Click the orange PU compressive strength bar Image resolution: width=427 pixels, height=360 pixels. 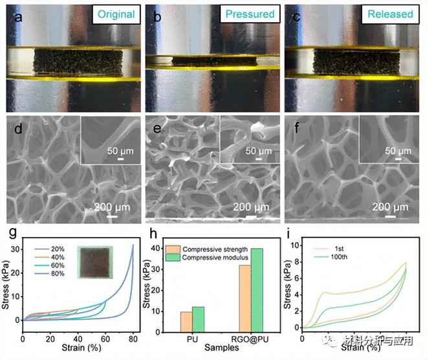click(x=186, y=321)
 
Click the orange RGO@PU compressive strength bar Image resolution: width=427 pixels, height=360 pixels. click(x=245, y=298)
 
